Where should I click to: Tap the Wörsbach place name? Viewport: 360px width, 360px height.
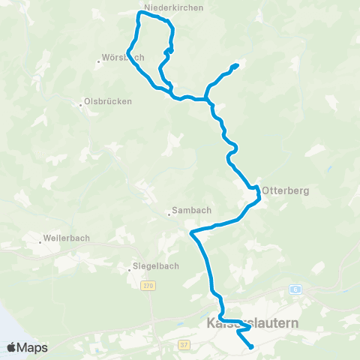(122, 58)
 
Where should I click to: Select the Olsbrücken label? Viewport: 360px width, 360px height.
(109, 101)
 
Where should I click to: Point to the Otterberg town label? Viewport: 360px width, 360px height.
(285, 190)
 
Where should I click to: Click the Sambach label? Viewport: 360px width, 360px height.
(190, 211)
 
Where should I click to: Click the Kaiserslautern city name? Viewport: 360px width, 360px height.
(251, 323)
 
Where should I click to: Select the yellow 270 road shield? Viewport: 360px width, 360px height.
(148, 285)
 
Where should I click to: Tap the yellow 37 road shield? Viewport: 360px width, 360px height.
(184, 344)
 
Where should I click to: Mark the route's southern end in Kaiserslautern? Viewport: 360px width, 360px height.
(250, 346)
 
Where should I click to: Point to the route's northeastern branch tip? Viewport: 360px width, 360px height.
(236, 66)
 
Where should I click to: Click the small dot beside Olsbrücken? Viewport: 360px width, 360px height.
(81, 104)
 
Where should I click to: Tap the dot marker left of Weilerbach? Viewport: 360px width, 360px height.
(40, 242)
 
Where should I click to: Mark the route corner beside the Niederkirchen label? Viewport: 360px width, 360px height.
(139, 13)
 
